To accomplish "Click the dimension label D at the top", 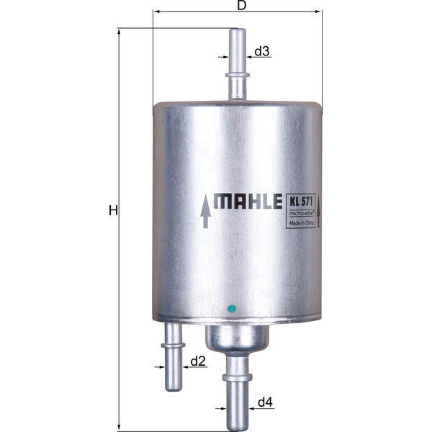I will coord(242,6).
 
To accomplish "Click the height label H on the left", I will coord(112,210).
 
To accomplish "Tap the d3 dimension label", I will coord(262,51).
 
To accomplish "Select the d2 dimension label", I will coord(198,361).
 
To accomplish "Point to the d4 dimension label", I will coord(266,402).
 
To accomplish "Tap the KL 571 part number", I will coord(303,202).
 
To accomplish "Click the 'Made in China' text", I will coord(303,224).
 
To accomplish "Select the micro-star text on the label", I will coord(302,214).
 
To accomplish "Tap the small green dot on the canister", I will coord(231,309).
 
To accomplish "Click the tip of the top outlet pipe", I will coord(237,32).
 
